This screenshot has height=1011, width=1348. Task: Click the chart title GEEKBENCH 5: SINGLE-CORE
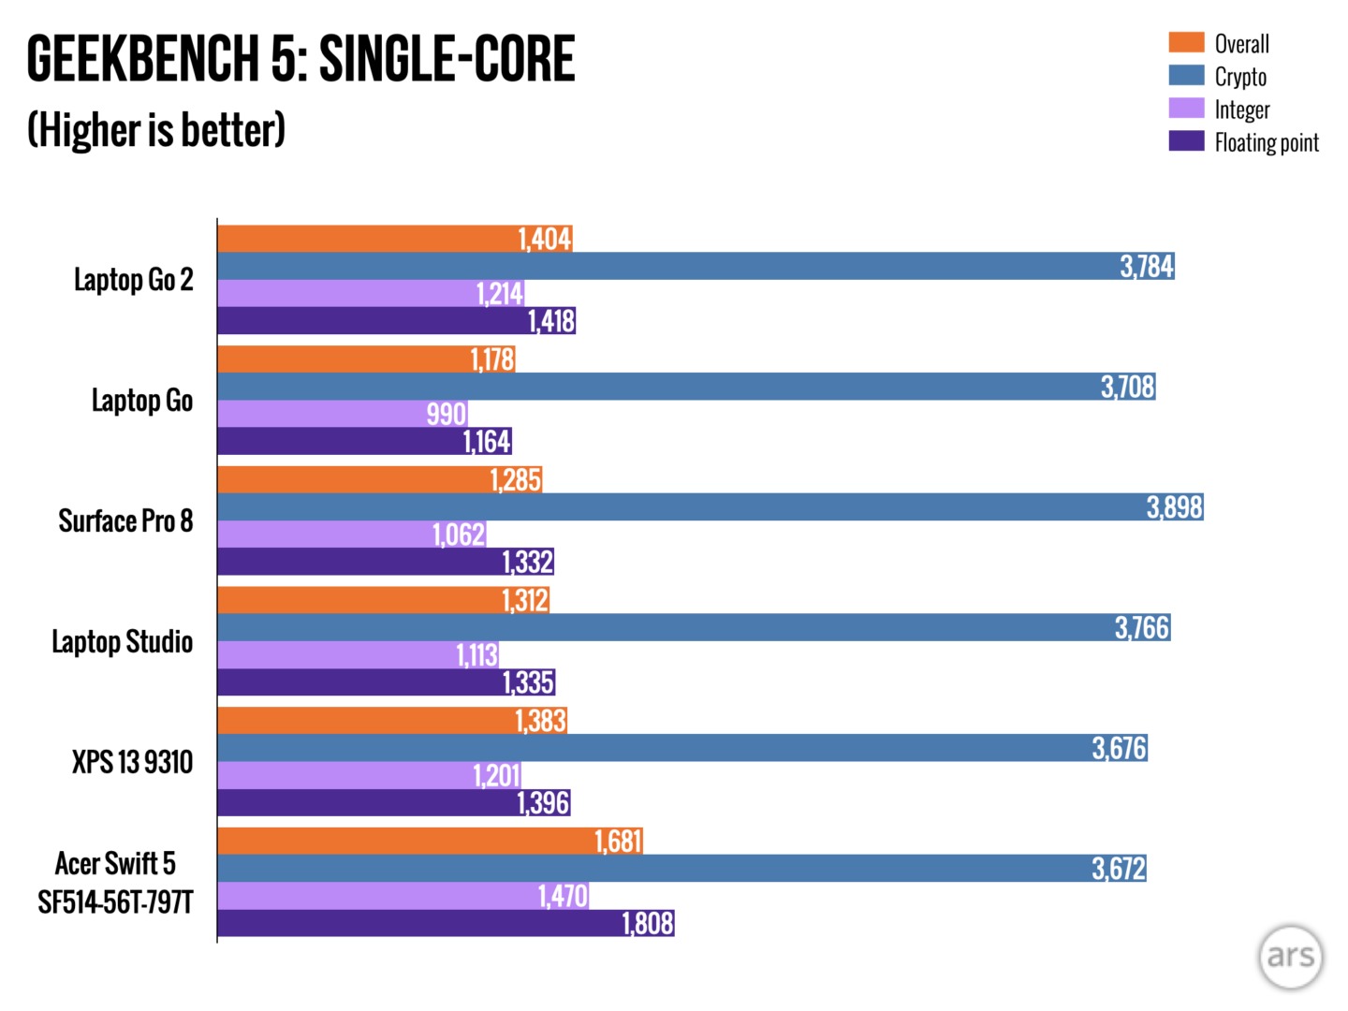300,58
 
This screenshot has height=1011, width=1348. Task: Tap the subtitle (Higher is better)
156,129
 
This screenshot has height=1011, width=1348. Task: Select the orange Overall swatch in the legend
1186,42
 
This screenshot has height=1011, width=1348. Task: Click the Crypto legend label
1240,77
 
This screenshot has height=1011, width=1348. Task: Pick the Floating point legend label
1267,142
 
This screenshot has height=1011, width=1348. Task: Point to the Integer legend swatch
1186,109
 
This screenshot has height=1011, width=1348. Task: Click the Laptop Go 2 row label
134,279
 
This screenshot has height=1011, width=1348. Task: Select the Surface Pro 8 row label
125,520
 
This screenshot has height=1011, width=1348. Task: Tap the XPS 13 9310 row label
132,762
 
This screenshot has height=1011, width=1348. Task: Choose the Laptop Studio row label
122,641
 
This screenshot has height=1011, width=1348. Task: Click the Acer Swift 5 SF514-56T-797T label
115,882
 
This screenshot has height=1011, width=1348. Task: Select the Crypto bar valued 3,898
710,507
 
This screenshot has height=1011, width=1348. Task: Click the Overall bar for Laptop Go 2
394,239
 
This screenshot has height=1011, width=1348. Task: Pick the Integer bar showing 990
342,414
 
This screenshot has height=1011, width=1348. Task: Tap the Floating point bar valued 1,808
446,923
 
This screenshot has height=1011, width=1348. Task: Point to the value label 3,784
1147,267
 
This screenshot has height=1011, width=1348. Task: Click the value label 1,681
618,842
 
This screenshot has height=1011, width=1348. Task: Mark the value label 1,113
476,655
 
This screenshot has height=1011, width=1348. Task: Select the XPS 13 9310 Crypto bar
681,748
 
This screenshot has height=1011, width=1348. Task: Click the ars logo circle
1291,957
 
